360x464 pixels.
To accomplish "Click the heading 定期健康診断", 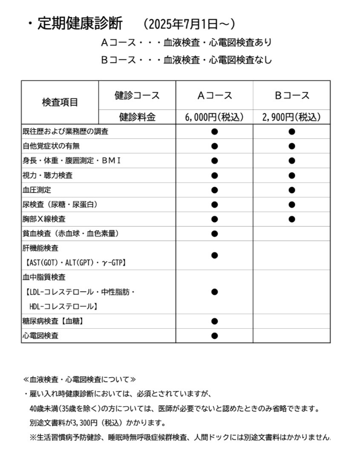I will click(80, 23).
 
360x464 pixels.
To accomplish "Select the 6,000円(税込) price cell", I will click(214, 117).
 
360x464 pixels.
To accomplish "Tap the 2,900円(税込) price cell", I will click(291, 117).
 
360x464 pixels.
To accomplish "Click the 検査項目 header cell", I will click(60, 103).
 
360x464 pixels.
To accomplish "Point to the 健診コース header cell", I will click(137, 95).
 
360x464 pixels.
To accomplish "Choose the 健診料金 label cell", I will click(137, 117).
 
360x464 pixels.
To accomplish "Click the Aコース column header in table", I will click(214, 95).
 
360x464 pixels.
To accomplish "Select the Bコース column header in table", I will click(291, 95).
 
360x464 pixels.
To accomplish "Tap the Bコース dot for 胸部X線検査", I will click(291, 219).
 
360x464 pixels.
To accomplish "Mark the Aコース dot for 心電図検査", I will click(214, 335).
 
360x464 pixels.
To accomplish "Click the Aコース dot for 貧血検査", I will click(214, 234).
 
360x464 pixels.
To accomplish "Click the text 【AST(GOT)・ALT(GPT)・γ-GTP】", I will click(75, 263).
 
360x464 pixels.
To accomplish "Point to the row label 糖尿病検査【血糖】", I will click(53, 321).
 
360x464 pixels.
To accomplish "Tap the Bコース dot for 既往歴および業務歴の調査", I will click(291, 132).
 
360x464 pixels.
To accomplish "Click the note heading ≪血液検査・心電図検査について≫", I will click(79, 379).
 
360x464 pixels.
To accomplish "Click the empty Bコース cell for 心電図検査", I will click(291, 335).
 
